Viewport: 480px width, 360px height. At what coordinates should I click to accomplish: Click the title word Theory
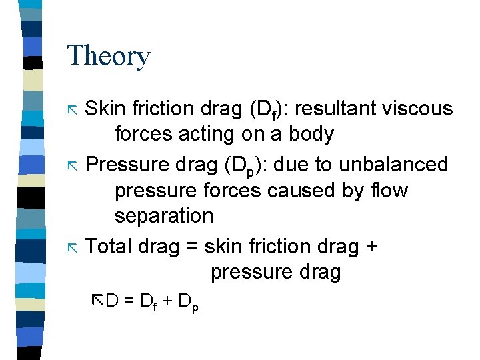tap(109, 57)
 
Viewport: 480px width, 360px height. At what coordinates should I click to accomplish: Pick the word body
tap(311, 134)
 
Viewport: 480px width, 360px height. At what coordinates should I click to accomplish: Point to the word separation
tap(164, 216)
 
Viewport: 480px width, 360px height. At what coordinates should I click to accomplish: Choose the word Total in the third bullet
tap(109, 247)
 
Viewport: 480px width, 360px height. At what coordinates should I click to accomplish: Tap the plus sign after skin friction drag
tap(371, 247)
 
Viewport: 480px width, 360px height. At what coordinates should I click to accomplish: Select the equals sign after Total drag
tap(192, 247)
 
